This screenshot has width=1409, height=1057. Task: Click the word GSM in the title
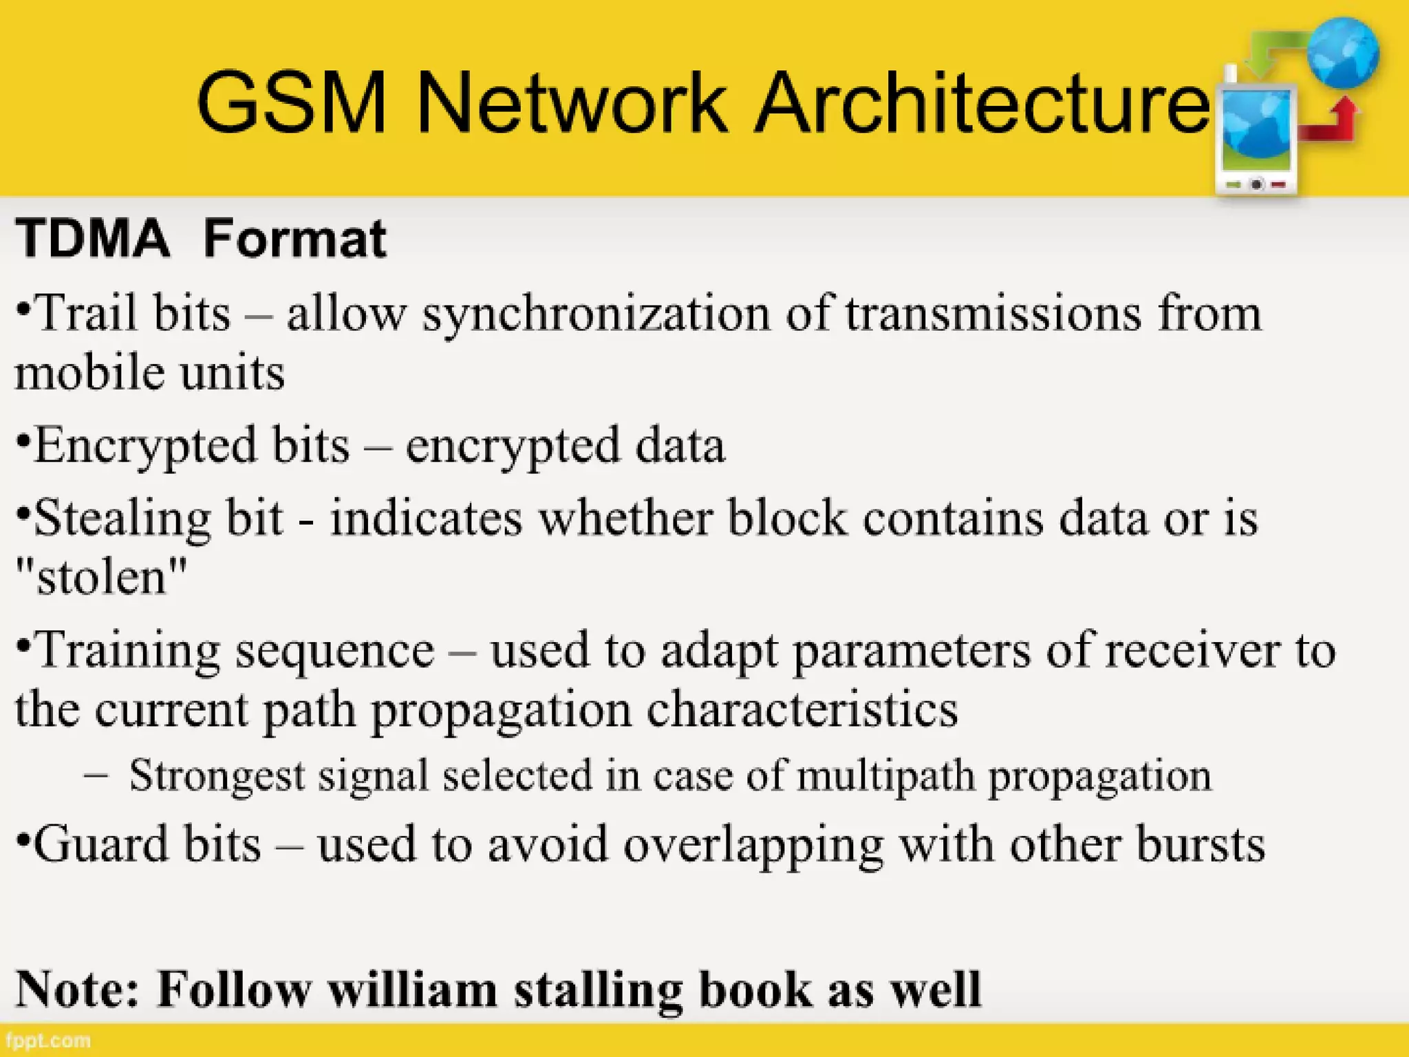point(292,103)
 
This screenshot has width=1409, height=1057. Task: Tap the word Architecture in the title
point(981,103)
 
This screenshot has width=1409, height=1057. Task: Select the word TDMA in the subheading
point(92,238)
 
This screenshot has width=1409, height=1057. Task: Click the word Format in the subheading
point(294,238)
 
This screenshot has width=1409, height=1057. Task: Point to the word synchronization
point(596,314)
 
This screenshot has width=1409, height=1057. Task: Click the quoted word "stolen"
point(100,577)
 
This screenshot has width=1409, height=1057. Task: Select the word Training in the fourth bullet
point(127,651)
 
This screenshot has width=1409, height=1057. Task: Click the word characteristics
point(802,709)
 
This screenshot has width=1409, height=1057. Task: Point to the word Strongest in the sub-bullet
point(217,776)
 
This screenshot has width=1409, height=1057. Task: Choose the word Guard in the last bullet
point(100,844)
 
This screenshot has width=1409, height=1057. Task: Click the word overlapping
point(753,845)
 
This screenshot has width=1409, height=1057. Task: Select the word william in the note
point(413,990)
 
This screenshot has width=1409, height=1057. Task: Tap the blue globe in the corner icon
point(1343,52)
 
